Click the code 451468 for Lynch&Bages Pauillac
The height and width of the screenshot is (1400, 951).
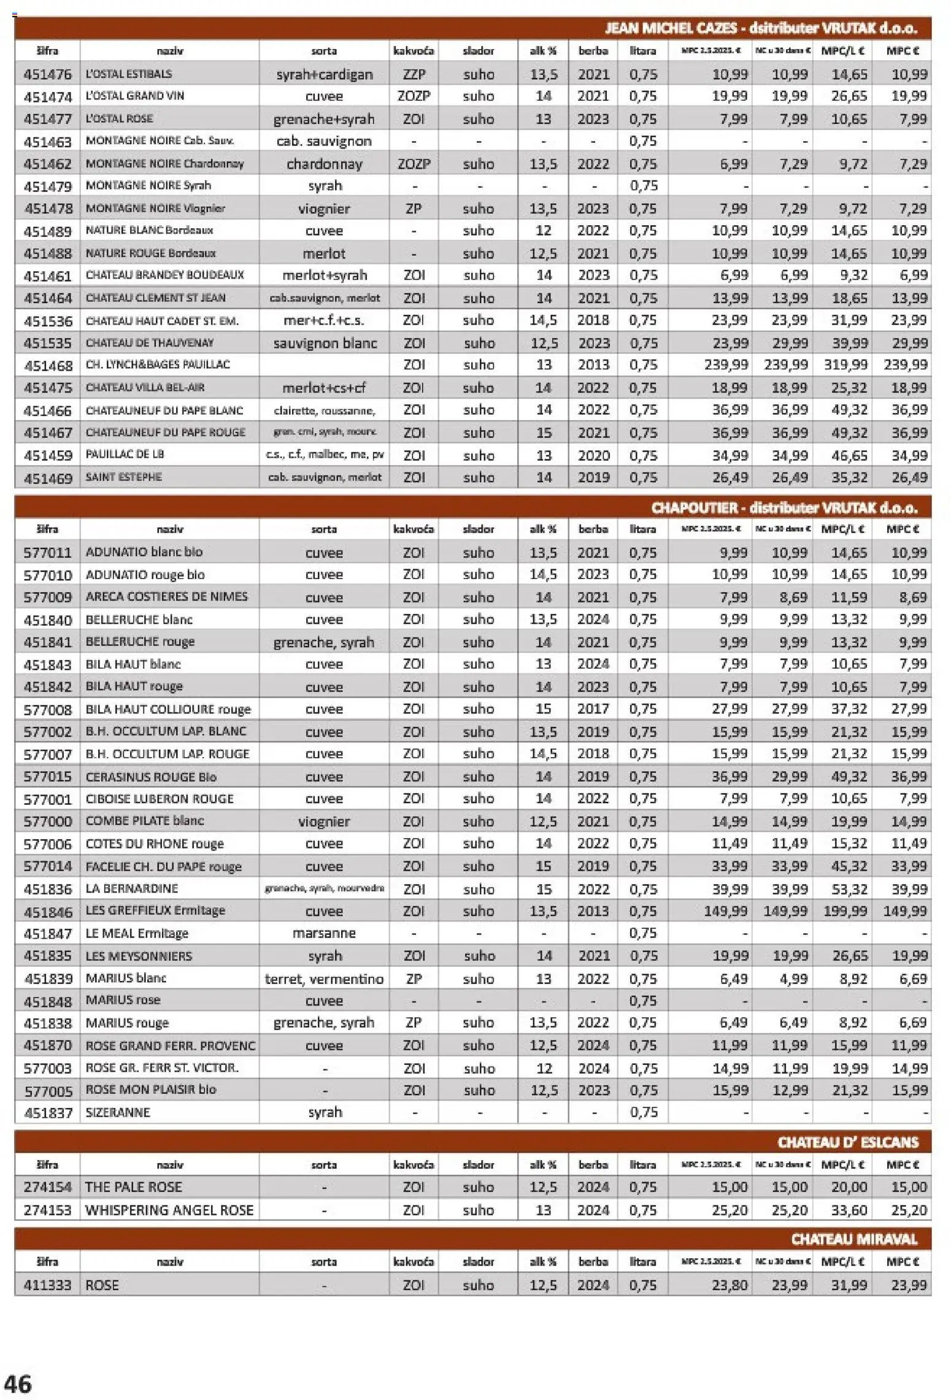tap(48, 366)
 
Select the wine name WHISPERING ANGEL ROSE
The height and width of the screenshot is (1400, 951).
tap(169, 1210)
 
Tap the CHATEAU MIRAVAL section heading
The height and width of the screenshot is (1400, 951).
tap(853, 1239)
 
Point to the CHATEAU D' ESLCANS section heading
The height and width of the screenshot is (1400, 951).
tap(847, 1142)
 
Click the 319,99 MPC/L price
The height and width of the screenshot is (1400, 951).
tap(845, 365)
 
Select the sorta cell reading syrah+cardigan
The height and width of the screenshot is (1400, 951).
tap(324, 75)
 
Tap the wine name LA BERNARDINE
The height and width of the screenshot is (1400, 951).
tap(132, 888)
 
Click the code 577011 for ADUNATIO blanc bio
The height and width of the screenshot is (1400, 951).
tap(48, 552)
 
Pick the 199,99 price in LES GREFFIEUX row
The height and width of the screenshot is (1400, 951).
tap(845, 911)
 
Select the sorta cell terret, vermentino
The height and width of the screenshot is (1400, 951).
tap(324, 979)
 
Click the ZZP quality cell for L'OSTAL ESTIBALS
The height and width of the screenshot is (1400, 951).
tap(414, 74)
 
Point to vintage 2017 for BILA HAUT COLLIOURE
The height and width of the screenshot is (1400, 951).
tap(593, 709)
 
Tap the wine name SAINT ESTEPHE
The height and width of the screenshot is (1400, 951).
tap(124, 477)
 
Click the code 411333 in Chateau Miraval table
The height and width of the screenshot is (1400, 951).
tap(48, 1285)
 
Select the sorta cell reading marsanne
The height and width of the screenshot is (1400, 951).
tap(324, 933)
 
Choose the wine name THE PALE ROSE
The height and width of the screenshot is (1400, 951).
tap(133, 1187)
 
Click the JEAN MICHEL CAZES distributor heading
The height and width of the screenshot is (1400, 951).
tap(760, 28)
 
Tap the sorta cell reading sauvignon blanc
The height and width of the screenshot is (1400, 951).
tap(324, 343)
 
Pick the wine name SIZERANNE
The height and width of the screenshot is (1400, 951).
tap(118, 1112)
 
